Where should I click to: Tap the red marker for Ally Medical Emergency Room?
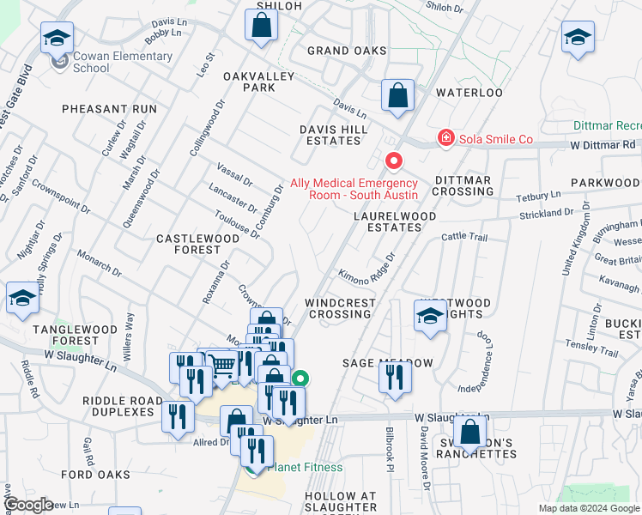click(x=394, y=161)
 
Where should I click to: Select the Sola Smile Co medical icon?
click(x=445, y=137)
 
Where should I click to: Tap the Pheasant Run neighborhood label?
click(x=109, y=109)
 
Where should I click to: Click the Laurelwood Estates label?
click(x=389, y=221)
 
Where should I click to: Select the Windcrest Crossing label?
click(x=341, y=308)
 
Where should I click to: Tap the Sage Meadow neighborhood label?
click(x=388, y=363)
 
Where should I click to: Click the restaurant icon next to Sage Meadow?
click(x=395, y=378)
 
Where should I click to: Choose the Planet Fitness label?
click(x=305, y=467)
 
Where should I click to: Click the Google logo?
click(x=27, y=505)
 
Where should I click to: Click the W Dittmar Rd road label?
click(x=604, y=145)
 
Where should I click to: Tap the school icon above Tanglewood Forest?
click(x=23, y=300)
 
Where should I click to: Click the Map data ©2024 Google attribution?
click(x=588, y=508)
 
